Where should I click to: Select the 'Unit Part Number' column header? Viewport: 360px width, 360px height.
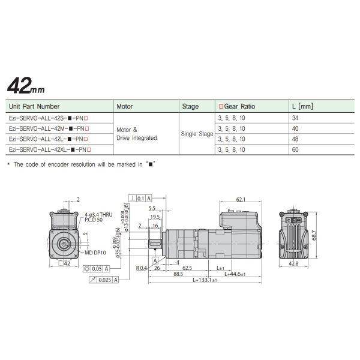(35, 106)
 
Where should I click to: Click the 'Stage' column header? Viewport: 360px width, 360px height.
(190, 106)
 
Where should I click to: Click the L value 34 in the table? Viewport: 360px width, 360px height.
(295, 118)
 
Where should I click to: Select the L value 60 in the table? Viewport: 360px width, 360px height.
(295, 149)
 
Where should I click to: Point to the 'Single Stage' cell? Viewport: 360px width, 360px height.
(197, 134)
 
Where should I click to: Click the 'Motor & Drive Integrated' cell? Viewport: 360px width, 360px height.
(136, 134)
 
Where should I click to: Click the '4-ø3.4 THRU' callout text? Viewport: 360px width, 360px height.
(98, 214)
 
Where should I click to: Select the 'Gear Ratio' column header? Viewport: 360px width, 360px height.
(237, 106)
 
